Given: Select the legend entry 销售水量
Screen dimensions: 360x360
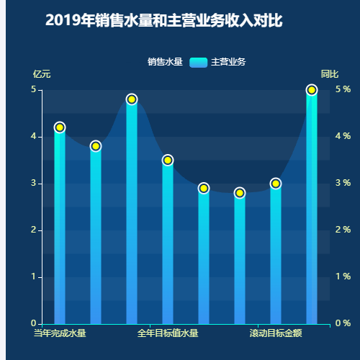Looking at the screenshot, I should click(165, 62).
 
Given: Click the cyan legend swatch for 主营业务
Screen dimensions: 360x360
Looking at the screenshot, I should click(198, 62).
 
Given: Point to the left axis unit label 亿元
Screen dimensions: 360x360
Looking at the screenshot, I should click(42, 74).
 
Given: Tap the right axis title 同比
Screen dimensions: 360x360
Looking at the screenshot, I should click(330, 74).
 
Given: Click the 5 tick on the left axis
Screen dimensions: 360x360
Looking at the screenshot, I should click(33, 89).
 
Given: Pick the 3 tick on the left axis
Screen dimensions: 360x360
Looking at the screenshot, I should click(33, 183).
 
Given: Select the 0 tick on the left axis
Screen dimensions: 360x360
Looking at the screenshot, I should click(33, 323).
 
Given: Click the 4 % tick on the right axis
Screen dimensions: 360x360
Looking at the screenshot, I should click(343, 136).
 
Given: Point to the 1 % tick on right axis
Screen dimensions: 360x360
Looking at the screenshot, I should click(343, 276).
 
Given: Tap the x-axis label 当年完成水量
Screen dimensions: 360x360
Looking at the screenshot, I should click(60, 333).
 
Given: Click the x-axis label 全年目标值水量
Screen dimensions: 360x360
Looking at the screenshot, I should click(168, 333).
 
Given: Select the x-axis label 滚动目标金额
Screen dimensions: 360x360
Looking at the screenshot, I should click(276, 333).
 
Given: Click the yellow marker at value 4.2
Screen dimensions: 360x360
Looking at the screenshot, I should click(60, 127).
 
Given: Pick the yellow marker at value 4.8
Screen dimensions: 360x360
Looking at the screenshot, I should click(132, 99).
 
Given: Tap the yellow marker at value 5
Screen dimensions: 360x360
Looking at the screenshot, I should click(312, 90).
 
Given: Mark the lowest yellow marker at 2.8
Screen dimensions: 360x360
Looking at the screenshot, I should click(240, 193).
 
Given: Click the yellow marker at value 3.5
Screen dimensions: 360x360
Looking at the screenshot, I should click(168, 160).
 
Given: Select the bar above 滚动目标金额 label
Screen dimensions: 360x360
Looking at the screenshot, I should click(276, 259).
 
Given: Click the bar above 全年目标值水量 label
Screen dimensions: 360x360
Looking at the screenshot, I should click(168, 245).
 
